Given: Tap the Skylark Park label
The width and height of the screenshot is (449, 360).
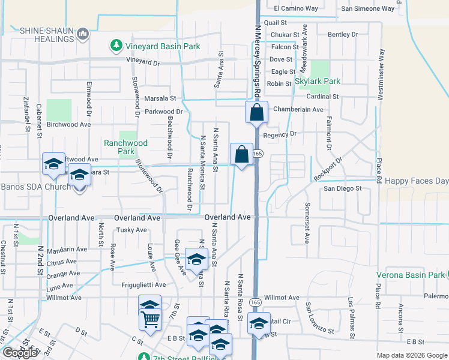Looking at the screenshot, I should pos(318,81).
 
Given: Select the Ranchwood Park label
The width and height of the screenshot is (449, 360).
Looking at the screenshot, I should pos(126,147).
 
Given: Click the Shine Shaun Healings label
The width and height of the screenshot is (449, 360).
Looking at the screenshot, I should pos(46,35).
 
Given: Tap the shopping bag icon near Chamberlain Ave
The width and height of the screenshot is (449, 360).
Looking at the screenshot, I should pos(256,113).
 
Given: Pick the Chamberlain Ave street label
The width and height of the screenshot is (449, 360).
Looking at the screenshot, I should pos(298,109).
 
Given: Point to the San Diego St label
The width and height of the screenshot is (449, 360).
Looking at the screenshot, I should pos(343,188).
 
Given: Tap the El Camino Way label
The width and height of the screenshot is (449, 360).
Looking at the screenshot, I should pos(295,8).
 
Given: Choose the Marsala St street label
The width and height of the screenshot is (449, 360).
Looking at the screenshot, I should pos(160,98).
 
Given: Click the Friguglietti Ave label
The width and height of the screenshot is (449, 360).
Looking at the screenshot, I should pos(147,286).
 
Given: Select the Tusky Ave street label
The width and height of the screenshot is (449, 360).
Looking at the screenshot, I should pos(131,230).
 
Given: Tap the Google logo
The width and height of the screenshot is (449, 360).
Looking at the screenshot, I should pos(20,353).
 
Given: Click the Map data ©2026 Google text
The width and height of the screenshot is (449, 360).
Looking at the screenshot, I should pos(411,355).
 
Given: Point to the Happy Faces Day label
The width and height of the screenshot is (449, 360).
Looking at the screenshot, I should pos(417,181).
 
